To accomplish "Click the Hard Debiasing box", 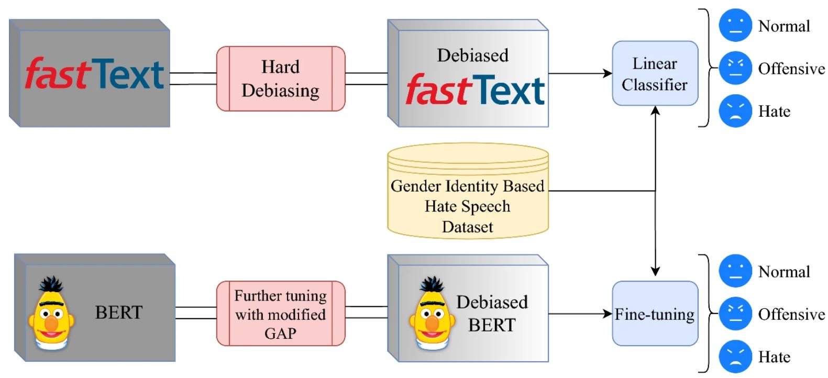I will click(x=281, y=79).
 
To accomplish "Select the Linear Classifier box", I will click(x=655, y=74).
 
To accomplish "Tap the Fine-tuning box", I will click(x=655, y=314).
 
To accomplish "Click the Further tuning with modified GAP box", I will click(x=281, y=314).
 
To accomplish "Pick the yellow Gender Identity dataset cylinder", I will click(x=467, y=191).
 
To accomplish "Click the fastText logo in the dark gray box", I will click(x=94, y=74).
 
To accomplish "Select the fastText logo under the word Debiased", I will click(x=474, y=90).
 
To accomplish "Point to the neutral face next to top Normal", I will click(x=735, y=26).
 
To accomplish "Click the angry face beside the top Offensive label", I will click(x=735, y=69).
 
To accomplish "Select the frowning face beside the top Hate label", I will click(x=735, y=111).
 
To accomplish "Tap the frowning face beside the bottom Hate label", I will click(x=735, y=357).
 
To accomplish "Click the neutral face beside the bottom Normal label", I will click(x=735, y=271).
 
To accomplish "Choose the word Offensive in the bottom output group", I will click(x=791, y=314).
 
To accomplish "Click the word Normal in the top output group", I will click(x=784, y=26).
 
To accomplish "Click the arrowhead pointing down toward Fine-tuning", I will click(x=655, y=271).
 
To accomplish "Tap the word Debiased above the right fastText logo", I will click(x=472, y=55).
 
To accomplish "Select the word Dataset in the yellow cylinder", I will click(x=467, y=227).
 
